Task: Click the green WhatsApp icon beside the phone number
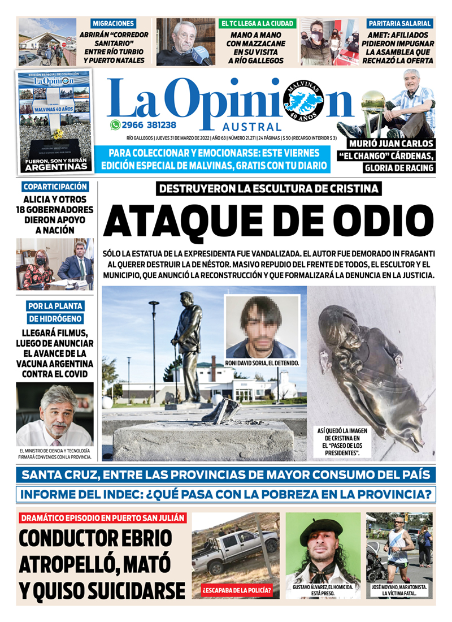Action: click(115, 126)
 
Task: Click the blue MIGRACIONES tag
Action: click(114, 24)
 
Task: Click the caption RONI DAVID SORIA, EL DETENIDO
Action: click(262, 363)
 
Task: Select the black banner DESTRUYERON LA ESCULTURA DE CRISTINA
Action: click(268, 189)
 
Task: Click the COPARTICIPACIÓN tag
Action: click(55, 187)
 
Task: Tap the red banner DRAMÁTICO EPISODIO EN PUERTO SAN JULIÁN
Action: click(102, 518)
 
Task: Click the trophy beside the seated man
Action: click(373, 110)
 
